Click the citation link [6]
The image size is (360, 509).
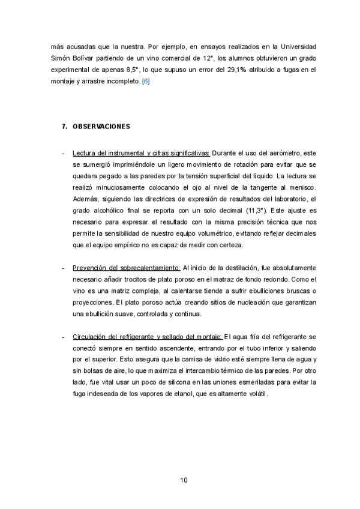146,80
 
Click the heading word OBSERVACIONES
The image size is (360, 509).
101,127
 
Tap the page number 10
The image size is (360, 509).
184,480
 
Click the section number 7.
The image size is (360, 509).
64,127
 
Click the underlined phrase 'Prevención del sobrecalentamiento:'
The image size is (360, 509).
126,267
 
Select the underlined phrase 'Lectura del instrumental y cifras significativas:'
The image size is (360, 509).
141,153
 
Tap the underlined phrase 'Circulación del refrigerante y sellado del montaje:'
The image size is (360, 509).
147,336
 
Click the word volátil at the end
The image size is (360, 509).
255,394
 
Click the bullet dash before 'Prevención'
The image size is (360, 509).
64,267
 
